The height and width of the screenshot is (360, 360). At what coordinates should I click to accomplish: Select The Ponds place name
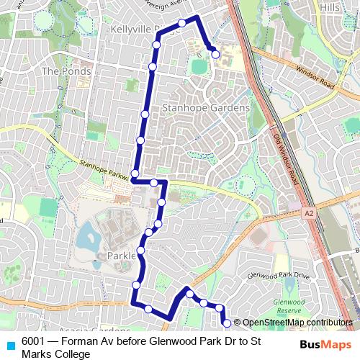coord(66,71)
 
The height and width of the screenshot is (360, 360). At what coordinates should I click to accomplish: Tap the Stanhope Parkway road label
coord(102,169)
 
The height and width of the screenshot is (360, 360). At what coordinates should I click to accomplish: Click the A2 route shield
coord(310,214)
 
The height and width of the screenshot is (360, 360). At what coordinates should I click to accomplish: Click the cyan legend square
coord(9,343)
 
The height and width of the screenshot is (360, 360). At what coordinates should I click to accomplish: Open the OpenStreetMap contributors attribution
coord(297,322)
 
